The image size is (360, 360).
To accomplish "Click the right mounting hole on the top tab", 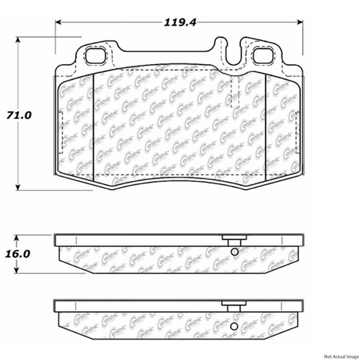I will pos(263,55).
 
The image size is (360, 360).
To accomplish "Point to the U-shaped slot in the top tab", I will pos(233,52).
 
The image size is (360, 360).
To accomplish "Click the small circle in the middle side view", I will pos(234,252).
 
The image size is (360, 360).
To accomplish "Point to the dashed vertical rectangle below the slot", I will pos(235,94).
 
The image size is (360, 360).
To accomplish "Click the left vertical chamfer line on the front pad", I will pos(93,124).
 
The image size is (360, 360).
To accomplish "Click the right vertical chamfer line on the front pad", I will pos(265,124).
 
